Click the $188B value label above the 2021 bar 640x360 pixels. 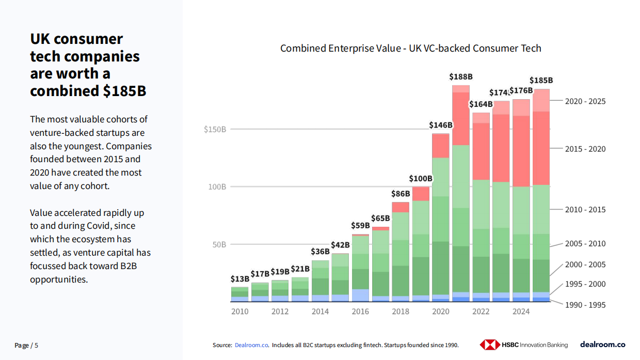coord(460,76)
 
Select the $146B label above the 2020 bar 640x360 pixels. coord(441,125)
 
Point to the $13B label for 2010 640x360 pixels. coord(239,279)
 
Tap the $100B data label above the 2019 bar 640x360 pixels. coord(421,179)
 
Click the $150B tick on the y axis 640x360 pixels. coord(215,130)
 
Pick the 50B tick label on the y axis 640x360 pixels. coord(219,245)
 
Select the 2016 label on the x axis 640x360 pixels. coord(360,311)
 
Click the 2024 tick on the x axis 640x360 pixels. coord(521,311)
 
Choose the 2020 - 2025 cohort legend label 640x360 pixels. coord(585,102)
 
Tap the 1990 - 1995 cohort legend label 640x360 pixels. coord(585,305)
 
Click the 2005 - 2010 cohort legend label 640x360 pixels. coord(585,244)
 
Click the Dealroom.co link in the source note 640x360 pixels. coord(251,345)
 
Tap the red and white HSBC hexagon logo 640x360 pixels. coord(490,345)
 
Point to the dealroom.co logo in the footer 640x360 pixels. coord(602,345)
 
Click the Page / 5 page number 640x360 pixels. coord(26,346)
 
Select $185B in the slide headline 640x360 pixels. coord(124,91)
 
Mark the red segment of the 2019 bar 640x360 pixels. coord(421,194)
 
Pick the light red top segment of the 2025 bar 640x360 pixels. coord(541,100)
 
